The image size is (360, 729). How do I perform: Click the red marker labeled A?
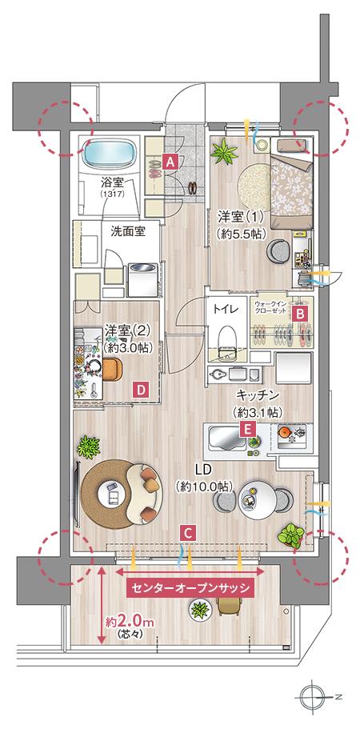point(170,160)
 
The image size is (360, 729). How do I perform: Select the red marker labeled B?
point(299,314)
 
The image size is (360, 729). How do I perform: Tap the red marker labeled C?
point(186,531)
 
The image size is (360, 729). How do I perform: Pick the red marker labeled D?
point(140,390)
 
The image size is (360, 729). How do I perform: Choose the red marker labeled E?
point(249,430)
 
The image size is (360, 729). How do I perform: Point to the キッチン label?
point(257,395)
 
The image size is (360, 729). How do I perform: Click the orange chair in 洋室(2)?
point(108,367)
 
